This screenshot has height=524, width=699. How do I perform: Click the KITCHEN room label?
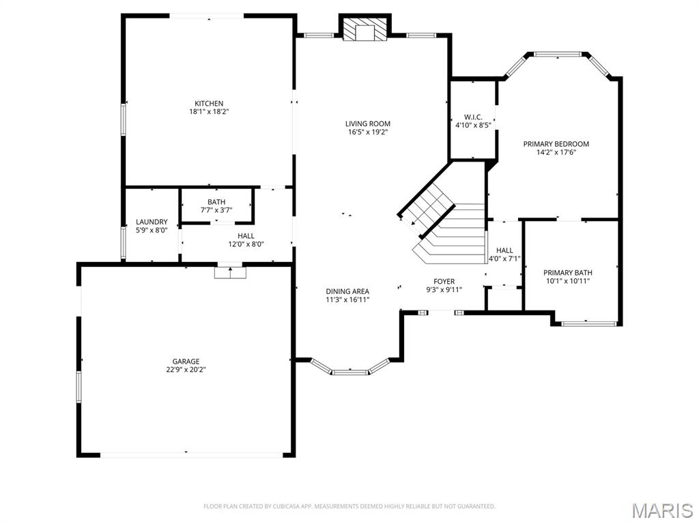pyautogui.click(x=209, y=104)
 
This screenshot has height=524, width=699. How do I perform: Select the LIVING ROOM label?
pyautogui.click(x=368, y=124)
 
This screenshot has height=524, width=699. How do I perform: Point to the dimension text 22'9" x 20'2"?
pyautogui.click(x=186, y=370)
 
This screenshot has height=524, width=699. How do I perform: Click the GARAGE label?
pyautogui.click(x=186, y=362)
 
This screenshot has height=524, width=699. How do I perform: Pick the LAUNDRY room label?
pyautogui.click(x=152, y=222)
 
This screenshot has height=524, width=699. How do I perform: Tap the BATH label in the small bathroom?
pyautogui.click(x=216, y=203)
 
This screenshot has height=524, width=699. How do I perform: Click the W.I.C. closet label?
pyautogui.click(x=473, y=117)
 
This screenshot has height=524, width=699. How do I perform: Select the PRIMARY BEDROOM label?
pyautogui.click(x=556, y=144)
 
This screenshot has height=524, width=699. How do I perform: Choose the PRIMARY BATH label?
pyautogui.click(x=567, y=273)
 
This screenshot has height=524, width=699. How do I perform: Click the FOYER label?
pyautogui.click(x=444, y=282)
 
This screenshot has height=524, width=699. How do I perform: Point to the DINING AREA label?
pyautogui.click(x=347, y=291)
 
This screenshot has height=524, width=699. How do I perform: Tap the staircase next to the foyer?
pyautogui.click(x=444, y=225)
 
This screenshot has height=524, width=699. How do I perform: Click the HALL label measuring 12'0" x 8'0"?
pyautogui.click(x=246, y=236)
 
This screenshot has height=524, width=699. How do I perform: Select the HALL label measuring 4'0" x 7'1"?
pyautogui.click(x=504, y=251)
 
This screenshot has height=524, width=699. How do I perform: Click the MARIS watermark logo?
pyautogui.click(x=662, y=510)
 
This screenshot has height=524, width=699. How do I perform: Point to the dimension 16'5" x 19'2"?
pyautogui.click(x=368, y=132)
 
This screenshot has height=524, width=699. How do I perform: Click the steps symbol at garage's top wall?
pyautogui.click(x=229, y=272)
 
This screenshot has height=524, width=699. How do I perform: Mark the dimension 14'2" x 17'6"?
pyautogui.click(x=556, y=152)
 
